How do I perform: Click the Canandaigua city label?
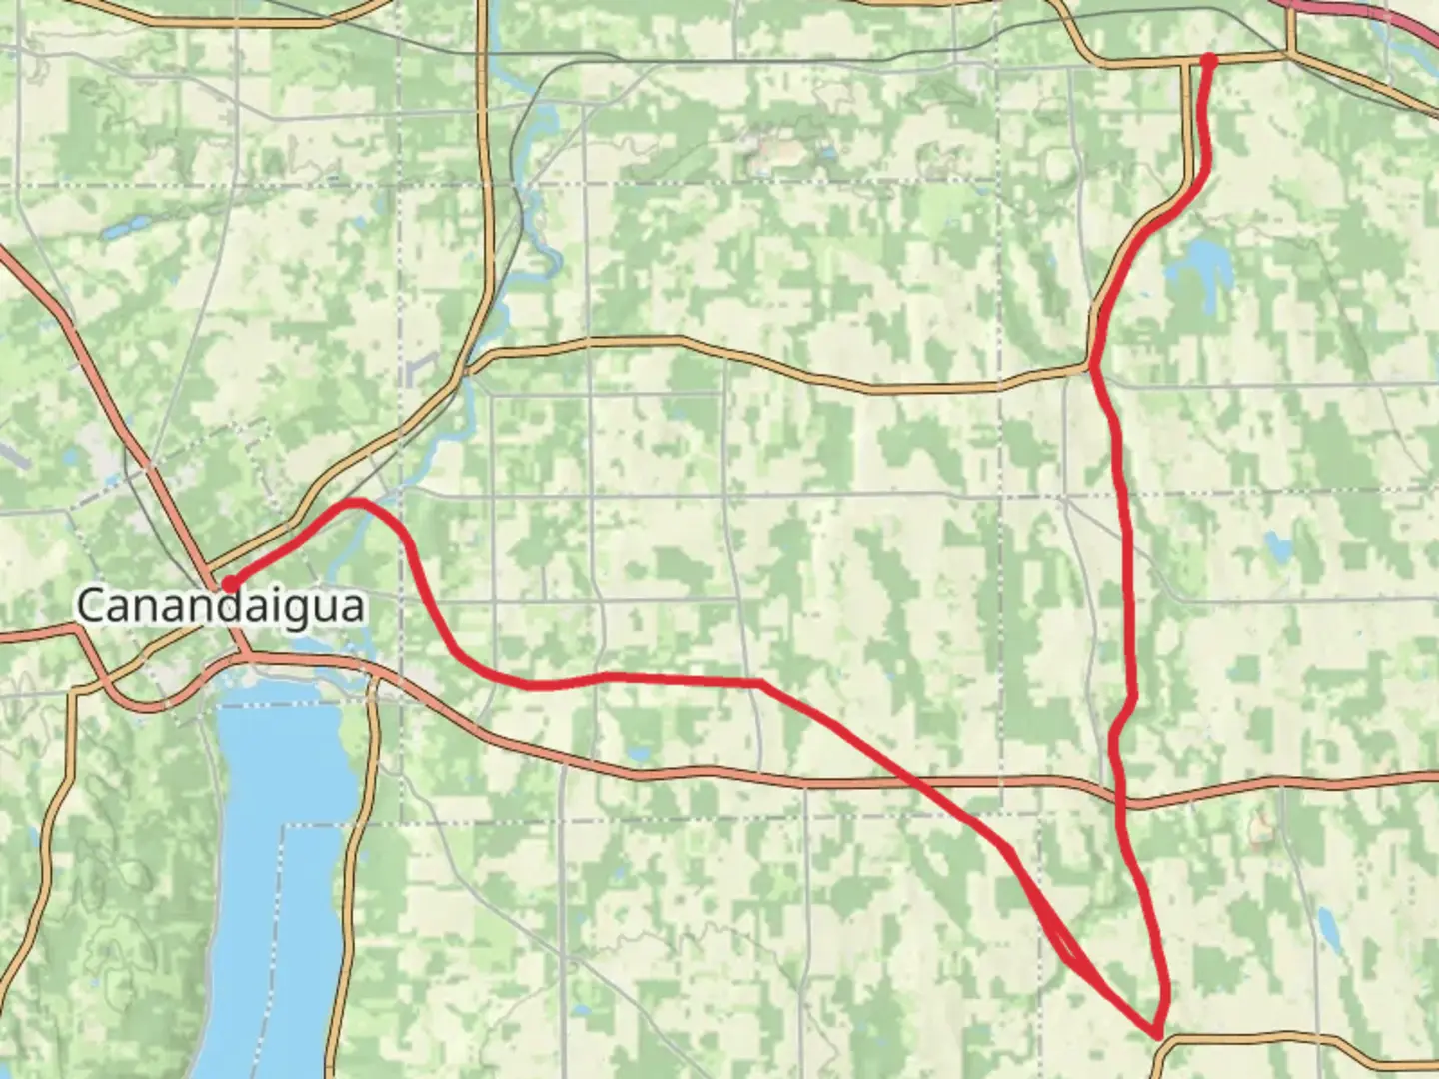220,606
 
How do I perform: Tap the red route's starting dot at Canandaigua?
229,584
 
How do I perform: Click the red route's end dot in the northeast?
1208,61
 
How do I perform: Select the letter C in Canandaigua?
91,606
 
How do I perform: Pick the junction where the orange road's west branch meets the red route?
1093,368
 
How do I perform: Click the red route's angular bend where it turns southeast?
760,682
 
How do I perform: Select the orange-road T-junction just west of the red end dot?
1189,63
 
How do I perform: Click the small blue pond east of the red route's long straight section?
1277,546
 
